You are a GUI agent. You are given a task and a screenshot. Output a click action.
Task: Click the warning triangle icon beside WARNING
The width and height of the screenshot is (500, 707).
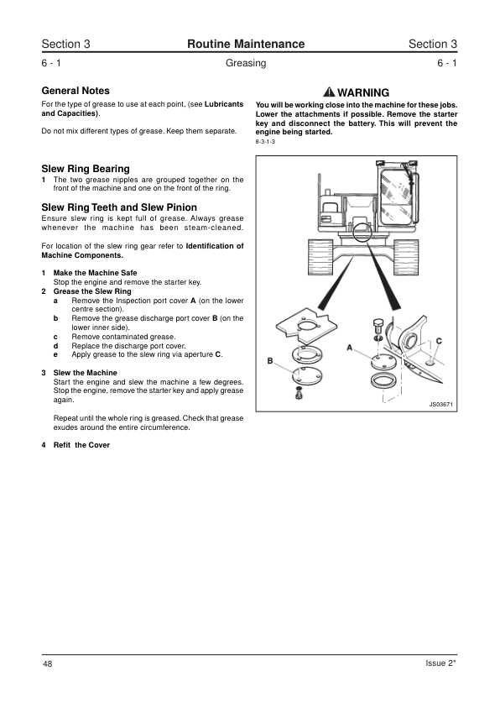330,92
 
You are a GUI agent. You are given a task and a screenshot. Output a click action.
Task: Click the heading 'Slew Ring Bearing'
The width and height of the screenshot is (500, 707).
86,169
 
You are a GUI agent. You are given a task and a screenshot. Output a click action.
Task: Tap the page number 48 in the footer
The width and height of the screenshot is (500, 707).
47,663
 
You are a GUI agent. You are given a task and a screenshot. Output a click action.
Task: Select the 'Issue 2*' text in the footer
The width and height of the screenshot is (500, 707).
441,662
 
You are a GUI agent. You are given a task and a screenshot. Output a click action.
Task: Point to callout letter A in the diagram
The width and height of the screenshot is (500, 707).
350,347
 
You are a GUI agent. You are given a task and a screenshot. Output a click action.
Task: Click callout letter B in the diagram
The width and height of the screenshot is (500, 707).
270,361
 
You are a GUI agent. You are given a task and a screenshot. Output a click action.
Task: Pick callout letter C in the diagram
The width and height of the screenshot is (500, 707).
440,341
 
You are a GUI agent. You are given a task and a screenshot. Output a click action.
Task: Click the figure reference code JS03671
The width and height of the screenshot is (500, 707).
440,404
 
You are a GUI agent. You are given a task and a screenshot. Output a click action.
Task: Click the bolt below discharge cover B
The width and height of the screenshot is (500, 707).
298,393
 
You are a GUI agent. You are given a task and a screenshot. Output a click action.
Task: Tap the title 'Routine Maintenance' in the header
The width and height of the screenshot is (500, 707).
246,44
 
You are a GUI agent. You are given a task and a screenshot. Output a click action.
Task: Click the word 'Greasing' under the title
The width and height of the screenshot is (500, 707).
246,63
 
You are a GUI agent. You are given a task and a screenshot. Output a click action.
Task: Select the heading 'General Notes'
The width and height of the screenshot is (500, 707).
76,91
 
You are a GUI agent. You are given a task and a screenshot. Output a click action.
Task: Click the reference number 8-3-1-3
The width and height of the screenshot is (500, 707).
265,142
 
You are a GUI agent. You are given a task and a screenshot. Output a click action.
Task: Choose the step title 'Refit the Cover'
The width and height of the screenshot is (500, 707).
81,445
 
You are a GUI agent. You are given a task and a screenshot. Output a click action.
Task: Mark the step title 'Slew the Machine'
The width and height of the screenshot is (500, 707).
85,373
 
